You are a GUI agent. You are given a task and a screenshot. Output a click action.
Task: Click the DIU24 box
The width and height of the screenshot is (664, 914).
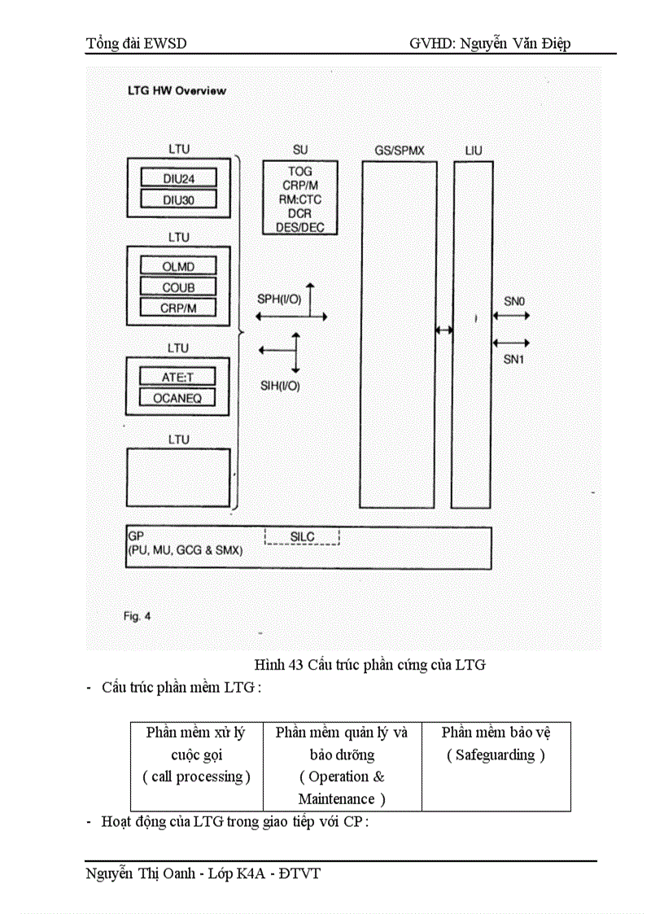coord(178,177)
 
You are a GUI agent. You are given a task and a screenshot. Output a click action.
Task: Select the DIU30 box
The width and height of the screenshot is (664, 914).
coord(178,199)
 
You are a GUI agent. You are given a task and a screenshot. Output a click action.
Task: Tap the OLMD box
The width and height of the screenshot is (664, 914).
coord(178,265)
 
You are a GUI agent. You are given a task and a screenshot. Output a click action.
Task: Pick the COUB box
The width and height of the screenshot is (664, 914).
coord(178,286)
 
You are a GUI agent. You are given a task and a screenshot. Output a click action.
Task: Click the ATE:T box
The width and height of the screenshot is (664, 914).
coord(178,376)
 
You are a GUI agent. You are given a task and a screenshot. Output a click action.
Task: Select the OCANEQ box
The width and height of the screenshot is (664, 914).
coord(178,397)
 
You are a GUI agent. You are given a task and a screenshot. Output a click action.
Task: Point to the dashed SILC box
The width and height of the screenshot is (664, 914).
coord(302,537)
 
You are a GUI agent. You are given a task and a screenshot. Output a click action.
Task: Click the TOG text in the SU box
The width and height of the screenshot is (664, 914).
coord(300,172)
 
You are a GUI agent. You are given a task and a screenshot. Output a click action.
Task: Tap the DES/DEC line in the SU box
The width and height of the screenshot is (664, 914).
coord(300,227)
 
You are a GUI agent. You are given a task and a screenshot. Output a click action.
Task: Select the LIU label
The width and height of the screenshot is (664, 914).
coord(473,151)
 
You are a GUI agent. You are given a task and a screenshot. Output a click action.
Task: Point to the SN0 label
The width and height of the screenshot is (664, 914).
coord(514,301)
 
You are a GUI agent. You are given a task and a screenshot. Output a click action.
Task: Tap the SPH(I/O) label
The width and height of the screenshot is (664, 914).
coord(279,300)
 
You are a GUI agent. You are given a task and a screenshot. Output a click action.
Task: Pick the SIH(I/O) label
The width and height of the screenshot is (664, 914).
coord(278,386)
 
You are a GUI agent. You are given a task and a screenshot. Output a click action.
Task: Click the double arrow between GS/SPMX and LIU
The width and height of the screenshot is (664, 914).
coord(444,330)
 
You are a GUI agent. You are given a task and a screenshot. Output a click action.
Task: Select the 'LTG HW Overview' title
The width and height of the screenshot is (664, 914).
coord(177,90)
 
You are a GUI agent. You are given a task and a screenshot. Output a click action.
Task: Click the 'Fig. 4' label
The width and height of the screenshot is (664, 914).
coord(138,616)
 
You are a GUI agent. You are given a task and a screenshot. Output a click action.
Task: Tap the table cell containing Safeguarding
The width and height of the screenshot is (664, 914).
coord(496,765)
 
